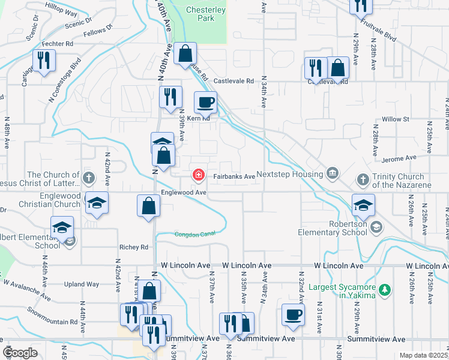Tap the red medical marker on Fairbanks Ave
pos(197,175)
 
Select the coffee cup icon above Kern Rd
pos(205,102)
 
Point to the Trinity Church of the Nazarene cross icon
pos(363,179)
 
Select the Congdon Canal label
pos(194,234)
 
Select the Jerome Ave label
pos(402,158)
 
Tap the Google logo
pos(20,353)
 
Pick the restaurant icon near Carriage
pos(44,61)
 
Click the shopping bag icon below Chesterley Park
pos(186,53)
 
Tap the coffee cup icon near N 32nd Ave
pos(293,314)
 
